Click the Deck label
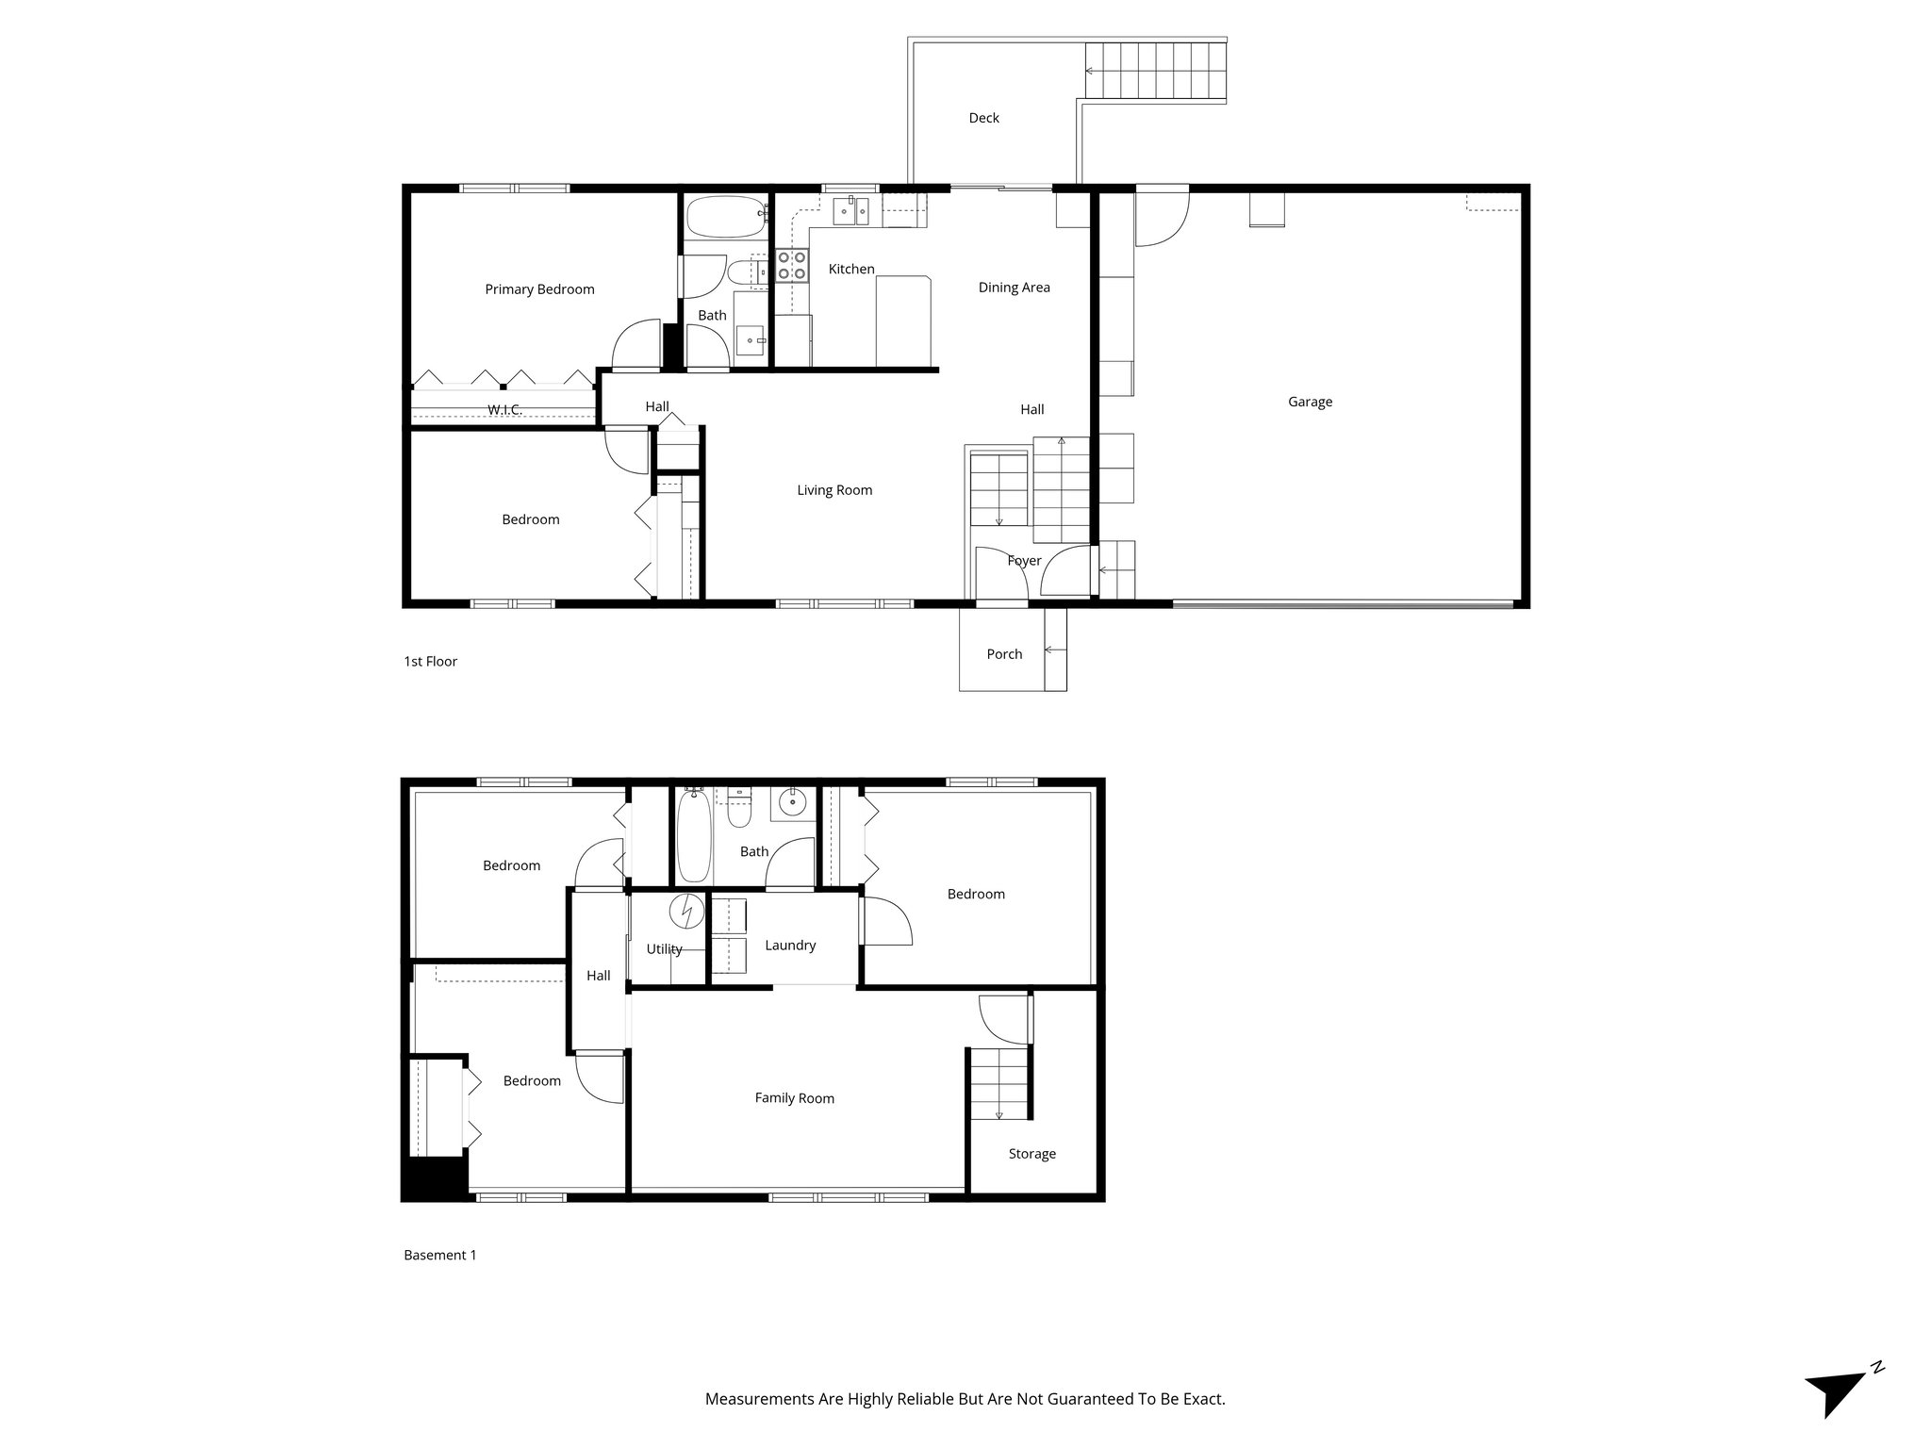[x=983, y=118]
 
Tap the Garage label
[x=1310, y=402]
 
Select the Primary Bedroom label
[x=539, y=289]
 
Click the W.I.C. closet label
[x=504, y=409]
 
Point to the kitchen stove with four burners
[x=791, y=266]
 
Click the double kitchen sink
[x=850, y=212]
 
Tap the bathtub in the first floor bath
[x=724, y=217]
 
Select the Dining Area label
[x=1014, y=288]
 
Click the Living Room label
[x=834, y=490]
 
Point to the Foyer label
[x=1024, y=561]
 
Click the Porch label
[x=1004, y=654]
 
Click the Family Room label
[x=794, y=1098]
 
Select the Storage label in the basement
[x=1032, y=1154]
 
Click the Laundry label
[x=790, y=946]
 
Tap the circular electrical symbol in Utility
[x=687, y=912]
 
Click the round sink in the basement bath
[x=793, y=804]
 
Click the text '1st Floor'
[x=430, y=662]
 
